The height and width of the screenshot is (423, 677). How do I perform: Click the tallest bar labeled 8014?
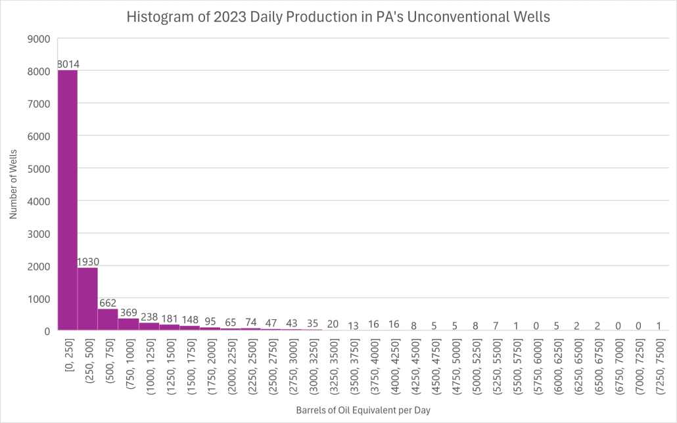[x=68, y=200]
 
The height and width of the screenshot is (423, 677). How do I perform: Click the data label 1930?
[x=87, y=261]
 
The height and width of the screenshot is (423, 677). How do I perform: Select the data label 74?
[x=250, y=323]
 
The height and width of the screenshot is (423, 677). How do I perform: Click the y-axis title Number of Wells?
[x=13, y=185]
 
